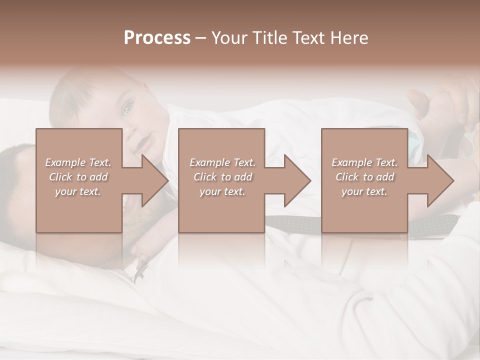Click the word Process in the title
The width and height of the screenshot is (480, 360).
point(157,38)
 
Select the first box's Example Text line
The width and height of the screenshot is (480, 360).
point(78,162)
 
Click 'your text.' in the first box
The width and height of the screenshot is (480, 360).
point(78,191)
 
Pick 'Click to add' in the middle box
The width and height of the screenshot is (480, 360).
point(222,177)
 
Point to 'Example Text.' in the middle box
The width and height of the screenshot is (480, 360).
point(222,162)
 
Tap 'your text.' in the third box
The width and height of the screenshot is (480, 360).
point(364,191)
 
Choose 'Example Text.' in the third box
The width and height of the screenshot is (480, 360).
point(364,162)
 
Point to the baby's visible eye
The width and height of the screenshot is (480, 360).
point(128,107)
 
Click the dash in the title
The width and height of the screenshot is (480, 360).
point(201,38)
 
